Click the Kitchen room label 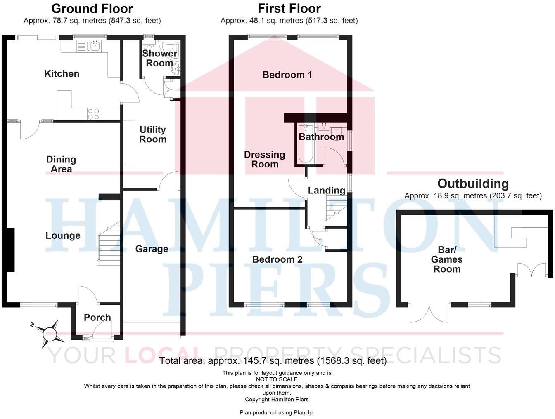62,74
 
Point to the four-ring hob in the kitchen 93,114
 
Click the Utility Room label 152,134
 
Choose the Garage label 152,249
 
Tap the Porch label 97,318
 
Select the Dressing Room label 265,159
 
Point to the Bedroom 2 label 277,259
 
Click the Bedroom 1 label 287,75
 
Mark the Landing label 327,191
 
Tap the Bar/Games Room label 447,259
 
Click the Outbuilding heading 473,184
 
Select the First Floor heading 289,8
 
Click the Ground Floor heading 92,8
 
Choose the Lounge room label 63,235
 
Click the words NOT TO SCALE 277,379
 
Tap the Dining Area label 61,164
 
